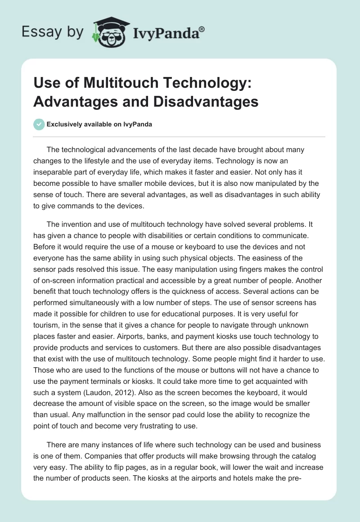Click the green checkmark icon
tap(39, 124)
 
